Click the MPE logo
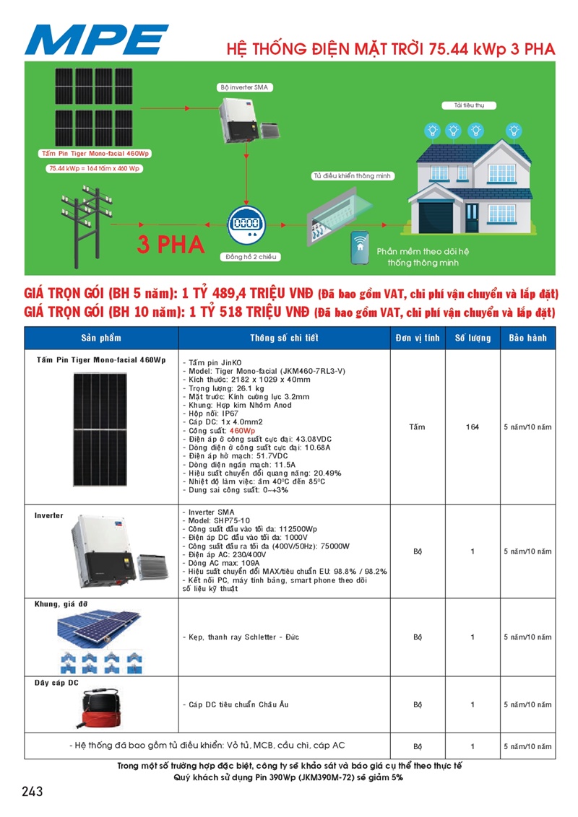pyautogui.click(x=96, y=39)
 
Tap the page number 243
pyautogui.click(x=33, y=791)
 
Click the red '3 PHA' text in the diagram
pyautogui.click(x=171, y=245)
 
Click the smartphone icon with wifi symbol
pyautogui.click(x=360, y=248)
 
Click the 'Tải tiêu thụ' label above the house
pyautogui.click(x=464, y=105)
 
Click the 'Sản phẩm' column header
pyautogui.click(x=101, y=338)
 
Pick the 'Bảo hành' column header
pyautogui.click(x=527, y=338)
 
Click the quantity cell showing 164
pyautogui.click(x=473, y=427)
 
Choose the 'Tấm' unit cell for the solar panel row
pyautogui.click(x=417, y=427)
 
